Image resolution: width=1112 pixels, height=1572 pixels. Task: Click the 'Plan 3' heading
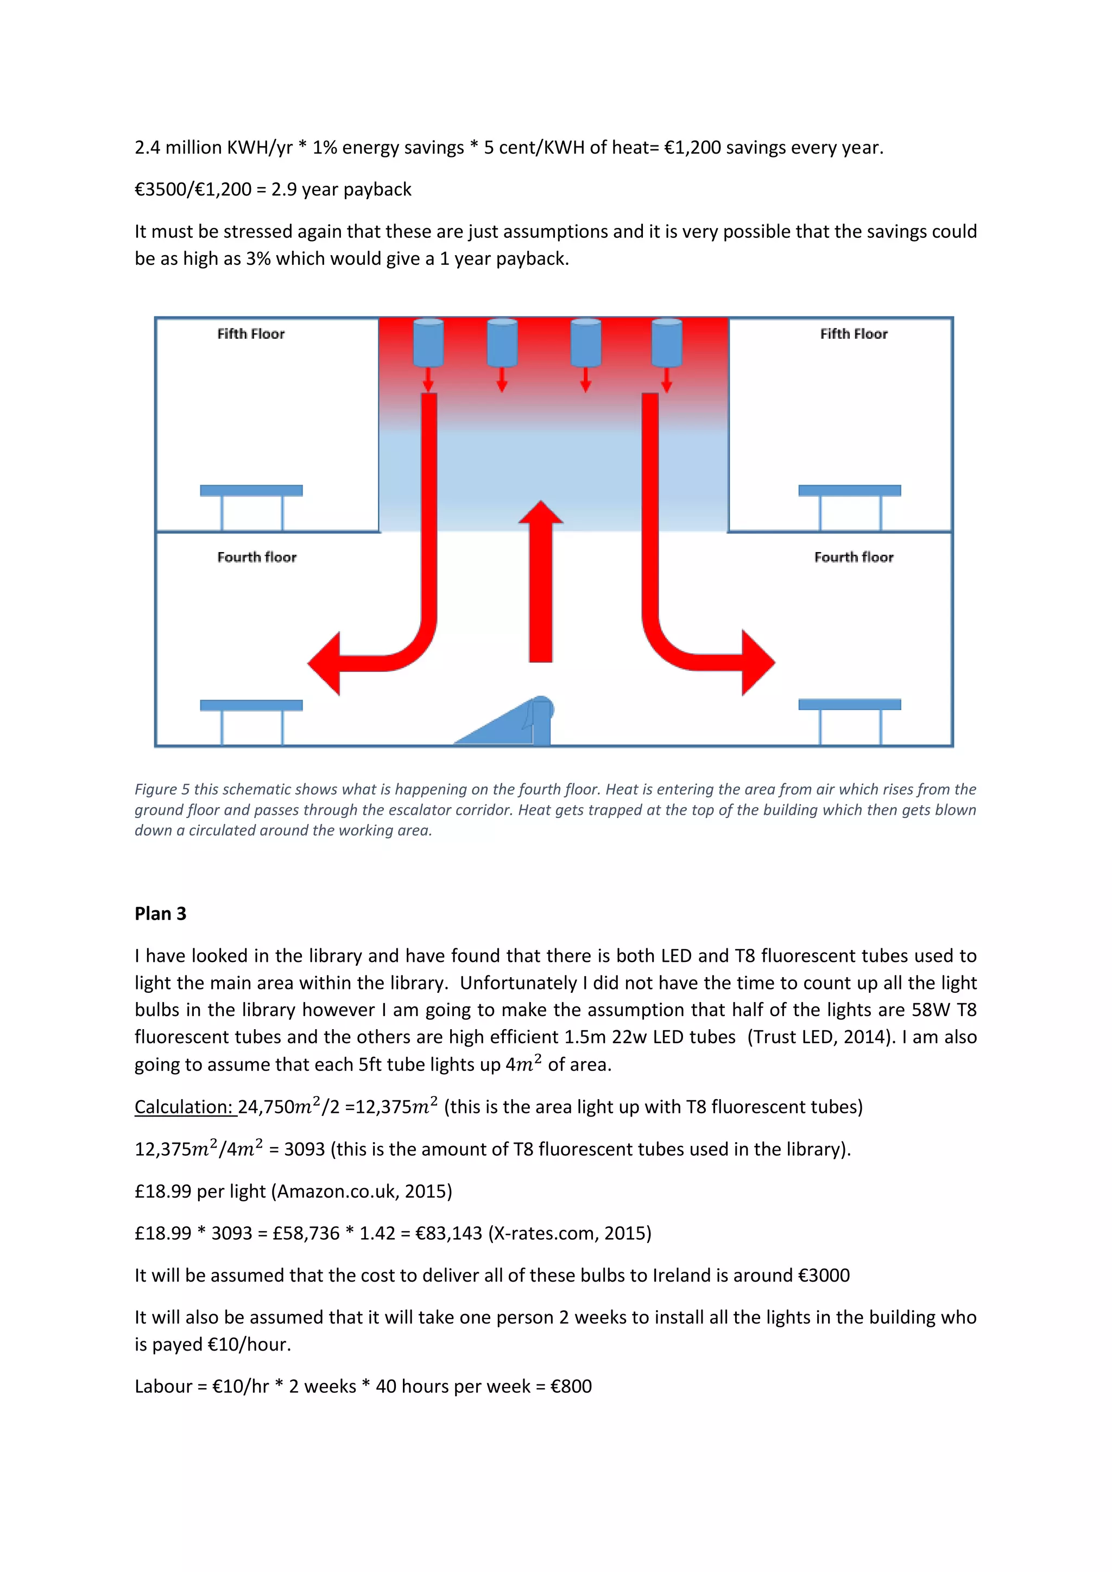(160, 914)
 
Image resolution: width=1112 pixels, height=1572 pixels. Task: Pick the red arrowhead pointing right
(757, 663)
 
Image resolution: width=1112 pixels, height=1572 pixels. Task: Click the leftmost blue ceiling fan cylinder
(428, 343)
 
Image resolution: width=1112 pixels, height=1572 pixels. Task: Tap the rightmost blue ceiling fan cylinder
(666, 343)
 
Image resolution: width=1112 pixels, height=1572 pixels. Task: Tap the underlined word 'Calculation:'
(185, 1107)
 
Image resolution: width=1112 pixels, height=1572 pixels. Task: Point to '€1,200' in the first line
(692, 148)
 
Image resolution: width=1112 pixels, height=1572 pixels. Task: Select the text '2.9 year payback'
(341, 189)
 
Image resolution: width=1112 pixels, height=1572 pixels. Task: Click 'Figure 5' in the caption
(162, 789)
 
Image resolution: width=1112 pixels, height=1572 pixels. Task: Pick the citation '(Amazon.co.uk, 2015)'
(362, 1191)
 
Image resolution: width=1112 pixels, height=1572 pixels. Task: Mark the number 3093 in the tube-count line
(304, 1150)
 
